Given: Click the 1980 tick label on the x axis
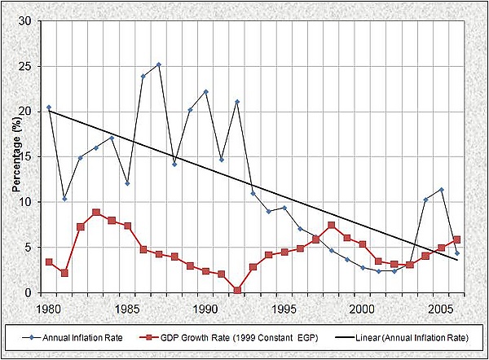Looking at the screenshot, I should point(49,310).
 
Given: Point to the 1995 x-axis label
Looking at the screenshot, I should point(284,310).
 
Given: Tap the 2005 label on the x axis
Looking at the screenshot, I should point(441,310).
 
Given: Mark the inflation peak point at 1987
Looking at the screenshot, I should point(159,64).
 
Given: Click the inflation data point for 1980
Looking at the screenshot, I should point(49,108).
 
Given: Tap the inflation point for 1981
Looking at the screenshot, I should point(64,199).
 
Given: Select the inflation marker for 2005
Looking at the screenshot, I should point(441,190).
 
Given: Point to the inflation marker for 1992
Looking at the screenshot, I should point(237,102).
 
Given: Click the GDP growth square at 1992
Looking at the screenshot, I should point(237,290).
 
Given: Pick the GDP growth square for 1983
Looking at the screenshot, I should point(96,213).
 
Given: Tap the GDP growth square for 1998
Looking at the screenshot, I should point(332,226).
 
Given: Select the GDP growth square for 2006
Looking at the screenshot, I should point(457,239).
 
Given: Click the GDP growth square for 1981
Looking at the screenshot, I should point(64,273).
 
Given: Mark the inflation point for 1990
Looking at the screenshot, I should point(206,92).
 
